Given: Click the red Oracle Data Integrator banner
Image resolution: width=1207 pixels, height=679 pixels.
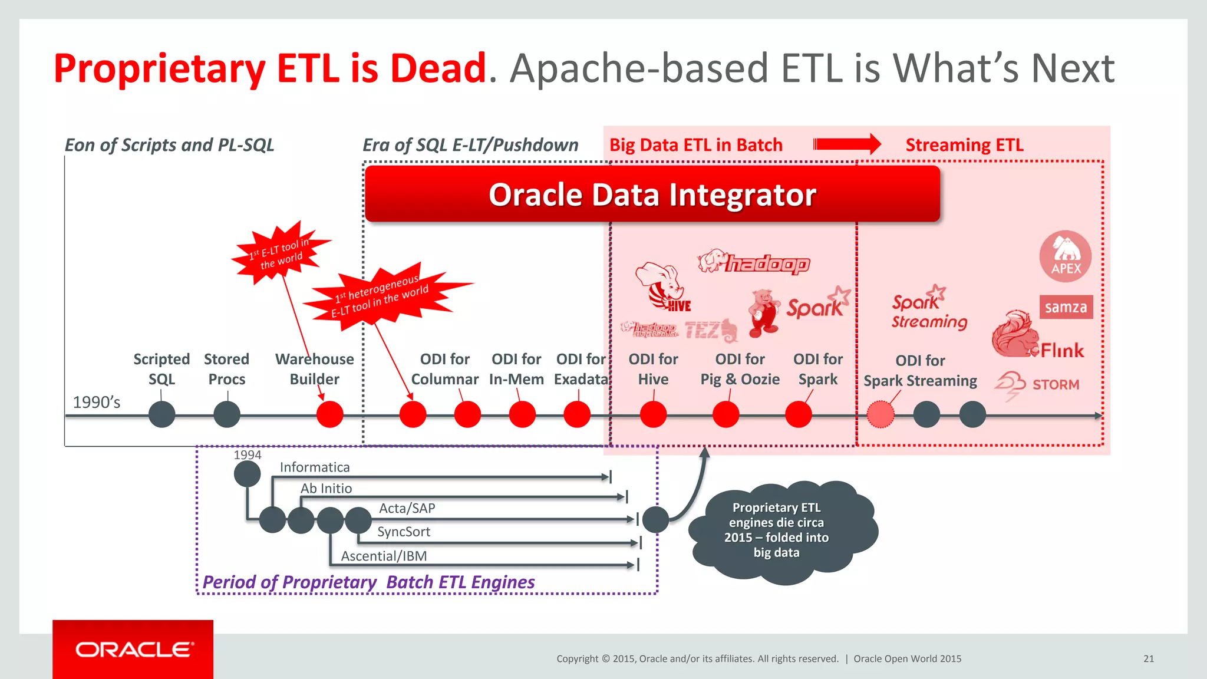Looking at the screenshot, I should [652, 195].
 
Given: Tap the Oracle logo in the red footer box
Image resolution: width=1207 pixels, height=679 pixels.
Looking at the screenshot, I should [134, 650].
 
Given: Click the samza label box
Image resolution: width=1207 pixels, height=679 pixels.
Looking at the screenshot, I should [1066, 307].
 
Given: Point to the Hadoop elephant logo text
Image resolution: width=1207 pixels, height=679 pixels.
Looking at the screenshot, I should [766, 263].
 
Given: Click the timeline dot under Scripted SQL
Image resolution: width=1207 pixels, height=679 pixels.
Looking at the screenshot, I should [162, 414].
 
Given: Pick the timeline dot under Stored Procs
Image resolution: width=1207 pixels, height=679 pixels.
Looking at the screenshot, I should [227, 414].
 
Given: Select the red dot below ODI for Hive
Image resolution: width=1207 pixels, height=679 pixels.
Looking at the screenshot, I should [653, 414].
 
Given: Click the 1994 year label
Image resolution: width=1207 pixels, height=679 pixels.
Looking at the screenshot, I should [247, 455].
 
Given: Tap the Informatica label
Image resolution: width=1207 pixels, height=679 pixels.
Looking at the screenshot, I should [315, 467].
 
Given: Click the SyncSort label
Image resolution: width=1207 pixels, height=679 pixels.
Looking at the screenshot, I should [404, 532].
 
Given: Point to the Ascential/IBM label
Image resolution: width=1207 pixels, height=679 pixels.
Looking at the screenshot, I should [384, 556].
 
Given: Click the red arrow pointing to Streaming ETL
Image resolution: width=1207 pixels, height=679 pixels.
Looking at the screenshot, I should [846, 144].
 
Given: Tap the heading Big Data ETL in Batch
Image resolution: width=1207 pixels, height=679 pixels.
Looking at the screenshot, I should [695, 145].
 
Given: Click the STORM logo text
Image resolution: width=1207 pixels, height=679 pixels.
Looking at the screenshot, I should [1055, 385].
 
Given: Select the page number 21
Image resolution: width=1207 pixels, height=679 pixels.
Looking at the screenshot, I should [1148, 659].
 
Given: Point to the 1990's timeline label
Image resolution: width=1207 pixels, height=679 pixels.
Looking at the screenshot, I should [96, 403].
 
